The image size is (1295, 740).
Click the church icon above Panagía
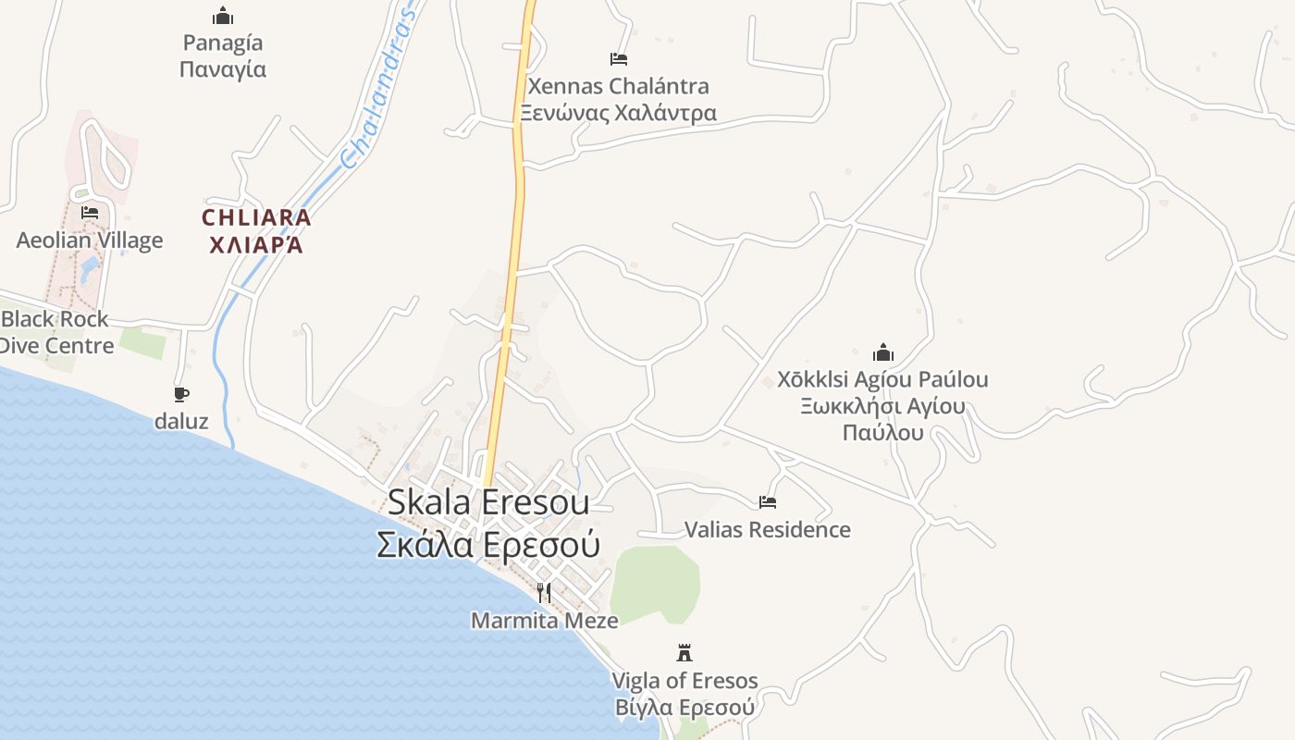click(223, 16)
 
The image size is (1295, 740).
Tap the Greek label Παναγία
click(223, 69)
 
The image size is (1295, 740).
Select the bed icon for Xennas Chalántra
click(619, 59)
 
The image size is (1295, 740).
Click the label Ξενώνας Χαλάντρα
click(617, 113)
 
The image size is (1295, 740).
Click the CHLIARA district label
click(256, 218)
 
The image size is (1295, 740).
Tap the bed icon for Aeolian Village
click(90, 213)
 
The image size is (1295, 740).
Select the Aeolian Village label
click(90, 240)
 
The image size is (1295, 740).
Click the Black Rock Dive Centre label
click(55, 332)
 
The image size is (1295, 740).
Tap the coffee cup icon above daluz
click(181, 394)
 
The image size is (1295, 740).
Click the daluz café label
click(181, 422)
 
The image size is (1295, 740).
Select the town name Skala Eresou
click(487, 502)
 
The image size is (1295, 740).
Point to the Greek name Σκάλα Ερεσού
click(487, 544)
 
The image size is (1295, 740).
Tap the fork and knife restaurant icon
click(544, 592)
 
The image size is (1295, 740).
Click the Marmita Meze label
click(544, 621)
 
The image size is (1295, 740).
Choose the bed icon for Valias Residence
click(768, 502)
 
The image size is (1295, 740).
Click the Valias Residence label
click(768, 530)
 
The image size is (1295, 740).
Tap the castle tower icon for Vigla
click(684, 653)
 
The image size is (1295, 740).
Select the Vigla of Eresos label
click(684, 681)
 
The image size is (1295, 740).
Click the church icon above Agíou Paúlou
click(883, 352)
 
